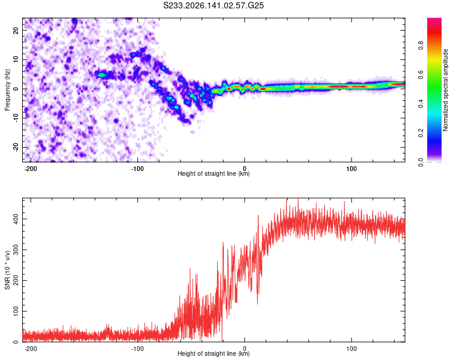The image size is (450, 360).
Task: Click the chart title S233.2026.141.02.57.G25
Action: [213, 5]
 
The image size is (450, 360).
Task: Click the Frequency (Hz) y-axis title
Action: [7, 90]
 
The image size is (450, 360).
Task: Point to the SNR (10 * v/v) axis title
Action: [7, 270]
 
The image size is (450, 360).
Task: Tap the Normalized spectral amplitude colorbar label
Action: [445, 90]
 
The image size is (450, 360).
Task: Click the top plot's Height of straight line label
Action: [214, 173]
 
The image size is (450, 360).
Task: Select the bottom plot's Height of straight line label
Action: [214, 353]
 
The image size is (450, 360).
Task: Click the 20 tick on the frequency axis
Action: [16, 31]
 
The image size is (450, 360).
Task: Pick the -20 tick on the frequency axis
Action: [16, 147]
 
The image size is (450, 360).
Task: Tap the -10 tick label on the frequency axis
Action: [16, 118]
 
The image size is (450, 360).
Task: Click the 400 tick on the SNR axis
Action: [16, 219]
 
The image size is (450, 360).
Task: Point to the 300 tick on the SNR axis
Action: [16, 250]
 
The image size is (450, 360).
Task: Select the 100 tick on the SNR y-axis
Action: [16, 311]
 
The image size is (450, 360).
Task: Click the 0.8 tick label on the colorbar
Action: [421, 46]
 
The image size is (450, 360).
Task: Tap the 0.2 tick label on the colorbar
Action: [421, 133]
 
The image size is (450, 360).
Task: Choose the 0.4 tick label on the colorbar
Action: [421, 104]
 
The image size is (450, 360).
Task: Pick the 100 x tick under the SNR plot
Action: [351, 349]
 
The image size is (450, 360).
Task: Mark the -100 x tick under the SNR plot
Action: [137, 349]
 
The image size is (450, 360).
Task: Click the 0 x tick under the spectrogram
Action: [245, 169]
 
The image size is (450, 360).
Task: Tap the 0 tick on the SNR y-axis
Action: [16, 342]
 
